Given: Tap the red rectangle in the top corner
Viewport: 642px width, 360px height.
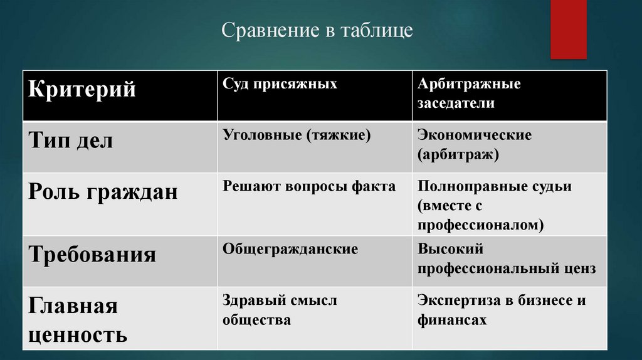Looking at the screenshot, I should (568, 29).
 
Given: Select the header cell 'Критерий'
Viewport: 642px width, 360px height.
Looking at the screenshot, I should (82, 90).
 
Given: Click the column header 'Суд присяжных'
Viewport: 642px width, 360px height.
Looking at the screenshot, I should (280, 84).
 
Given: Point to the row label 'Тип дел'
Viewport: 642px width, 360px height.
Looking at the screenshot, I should (71, 141).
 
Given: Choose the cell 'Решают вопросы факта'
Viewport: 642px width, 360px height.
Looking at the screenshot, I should (309, 186).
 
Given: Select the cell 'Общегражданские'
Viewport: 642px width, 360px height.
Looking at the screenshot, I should (290, 249).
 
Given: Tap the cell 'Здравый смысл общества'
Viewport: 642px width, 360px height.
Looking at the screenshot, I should (279, 310).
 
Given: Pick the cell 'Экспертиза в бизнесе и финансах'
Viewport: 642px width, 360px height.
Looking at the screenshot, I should (502, 310).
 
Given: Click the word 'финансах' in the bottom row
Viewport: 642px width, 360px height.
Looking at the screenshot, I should (452, 320).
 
